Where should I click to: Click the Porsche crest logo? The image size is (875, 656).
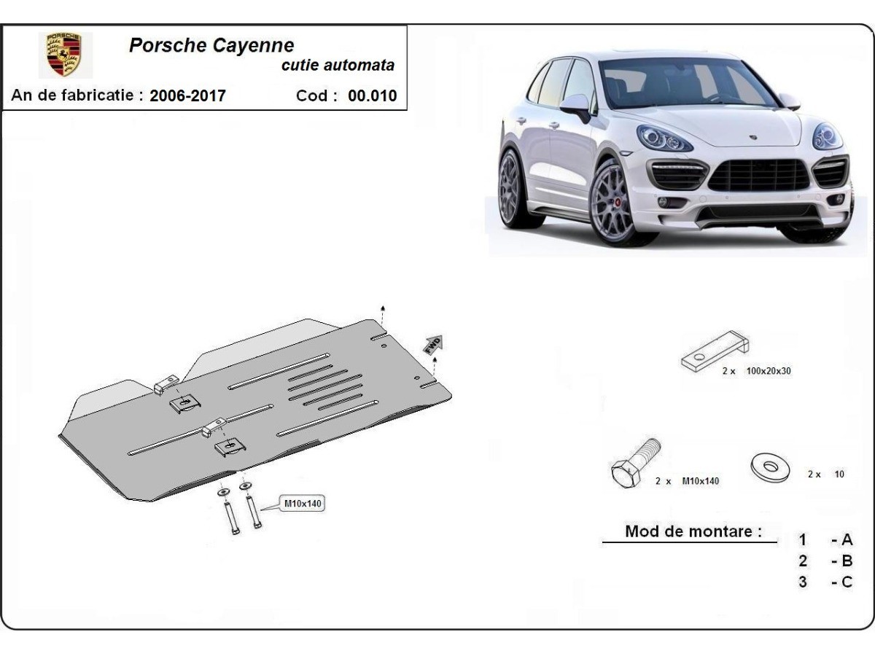pos(64,55)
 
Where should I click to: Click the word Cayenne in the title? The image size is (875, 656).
pos(253,45)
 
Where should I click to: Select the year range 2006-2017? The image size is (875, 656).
pos(187,95)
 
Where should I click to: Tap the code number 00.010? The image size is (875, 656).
pos(373,95)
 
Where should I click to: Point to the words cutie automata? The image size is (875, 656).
pos(338,66)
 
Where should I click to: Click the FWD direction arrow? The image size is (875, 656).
pos(433,345)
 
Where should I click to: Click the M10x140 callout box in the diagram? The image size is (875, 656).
pos(303,504)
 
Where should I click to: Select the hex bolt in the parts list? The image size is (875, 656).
pos(635,464)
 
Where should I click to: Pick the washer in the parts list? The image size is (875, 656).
pos(770,466)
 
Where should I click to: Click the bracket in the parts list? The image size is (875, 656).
pos(715,351)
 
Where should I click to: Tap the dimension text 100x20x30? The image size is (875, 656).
pos(769,371)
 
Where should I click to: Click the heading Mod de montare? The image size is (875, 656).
pos(693,531)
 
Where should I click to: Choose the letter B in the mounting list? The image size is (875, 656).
pos(847,561)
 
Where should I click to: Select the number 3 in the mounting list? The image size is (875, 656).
pos(803,582)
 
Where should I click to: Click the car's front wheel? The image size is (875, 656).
pos(612,203)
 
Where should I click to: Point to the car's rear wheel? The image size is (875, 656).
pos(513,190)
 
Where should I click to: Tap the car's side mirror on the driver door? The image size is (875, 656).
pos(575,106)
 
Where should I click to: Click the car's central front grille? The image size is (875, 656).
pos(759,175)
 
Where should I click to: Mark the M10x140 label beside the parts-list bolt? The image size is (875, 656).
pos(701,481)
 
